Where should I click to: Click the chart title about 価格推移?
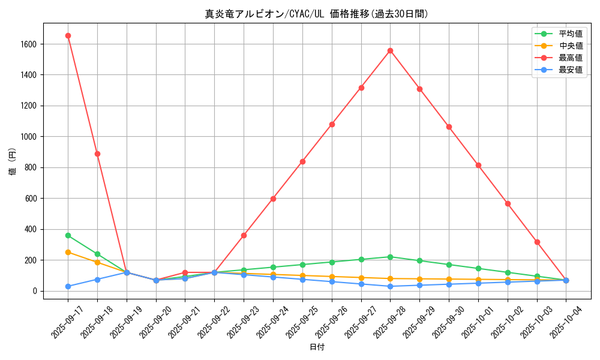tap(317, 14)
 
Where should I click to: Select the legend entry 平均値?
tap(571, 34)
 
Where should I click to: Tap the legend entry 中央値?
tap(571, 46)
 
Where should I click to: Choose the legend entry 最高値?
tap(571, 58)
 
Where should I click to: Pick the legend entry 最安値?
tap(571, 70)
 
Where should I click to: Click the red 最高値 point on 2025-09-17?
tap(68, 35)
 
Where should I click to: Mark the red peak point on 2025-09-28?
tap(390, 50)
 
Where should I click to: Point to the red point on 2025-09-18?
tap(97, 154)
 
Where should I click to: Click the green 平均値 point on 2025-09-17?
tap(68, 235)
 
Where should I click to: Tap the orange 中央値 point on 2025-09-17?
tap(68, 252)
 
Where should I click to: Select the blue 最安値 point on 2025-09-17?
tap(68, 286)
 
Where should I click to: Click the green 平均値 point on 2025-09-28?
tap(390, 257)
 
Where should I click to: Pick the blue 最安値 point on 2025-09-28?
tap(390, 286)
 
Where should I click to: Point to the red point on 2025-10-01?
tap(478, 165)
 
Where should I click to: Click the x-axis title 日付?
tap(317, 347)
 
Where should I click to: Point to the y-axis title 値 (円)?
tap(13, 162)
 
